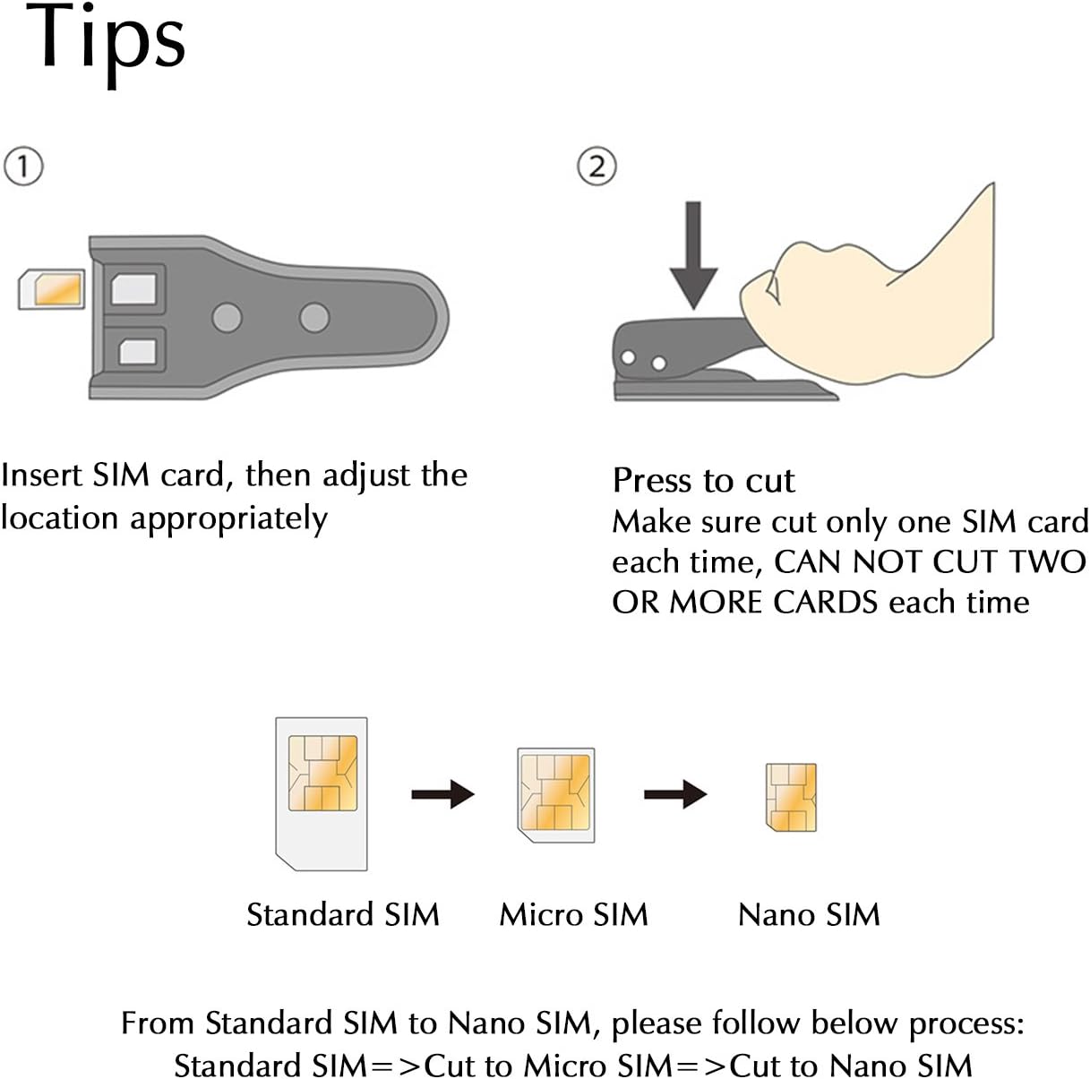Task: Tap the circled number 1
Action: click(23, 167)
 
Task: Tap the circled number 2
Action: click(597, 167)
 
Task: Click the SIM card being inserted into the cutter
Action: click(51, 289)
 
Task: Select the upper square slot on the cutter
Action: click(134, 289)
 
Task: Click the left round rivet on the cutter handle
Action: click(227, 317)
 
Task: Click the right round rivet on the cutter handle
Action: click(313, 317)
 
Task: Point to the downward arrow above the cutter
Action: click(693, 255)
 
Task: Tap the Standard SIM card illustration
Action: click(322, 792)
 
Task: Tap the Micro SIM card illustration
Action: click(556, 793)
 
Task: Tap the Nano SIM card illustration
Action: click(791, 797)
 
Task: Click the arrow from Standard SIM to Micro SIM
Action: click(442, 793)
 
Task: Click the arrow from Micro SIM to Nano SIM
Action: click(675, 793)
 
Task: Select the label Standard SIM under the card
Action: click(343, 914)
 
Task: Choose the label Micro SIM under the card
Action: click(573, 914)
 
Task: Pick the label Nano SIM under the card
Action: click(809, 914)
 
